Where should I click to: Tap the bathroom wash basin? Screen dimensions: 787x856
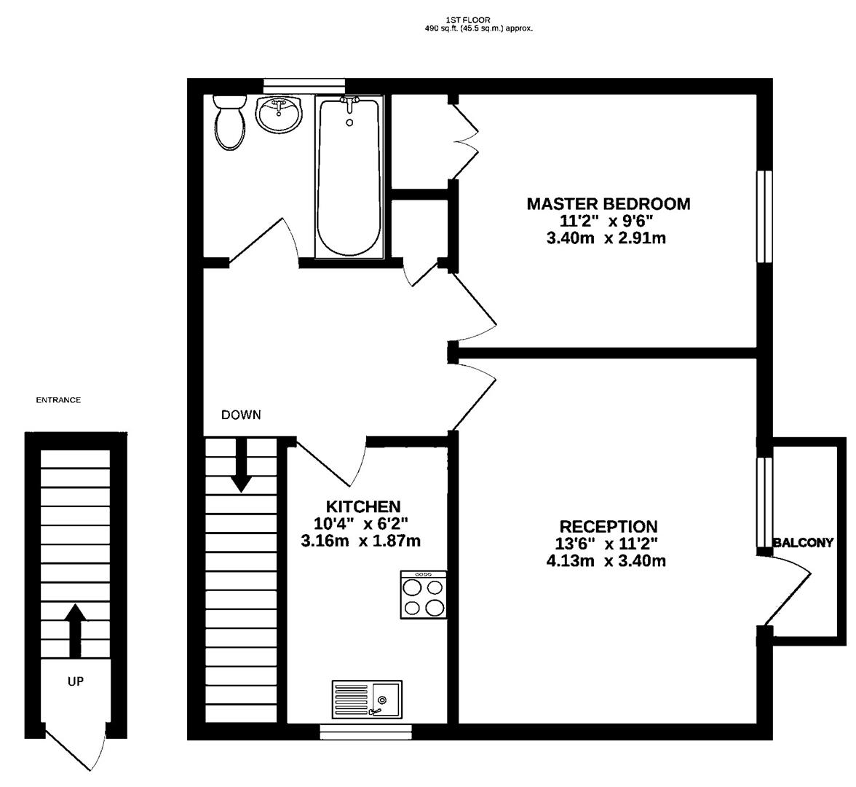pyautogui.click(x=278, y=114)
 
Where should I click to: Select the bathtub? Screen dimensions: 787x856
pyautogui.click(x=349, y=179)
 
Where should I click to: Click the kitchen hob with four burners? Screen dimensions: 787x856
pyautogui.click(x=424, y=595)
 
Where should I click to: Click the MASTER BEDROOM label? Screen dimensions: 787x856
pyautogui.click(x=608, y=204)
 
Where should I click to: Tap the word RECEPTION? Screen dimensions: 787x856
pyautogui.click(x=608, y=526)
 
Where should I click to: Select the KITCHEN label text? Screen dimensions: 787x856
pyautogui.click(x=362, y=506)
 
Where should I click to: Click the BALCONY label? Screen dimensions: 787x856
pyautogui.click(x=803, y=543)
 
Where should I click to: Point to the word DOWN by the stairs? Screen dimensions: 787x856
pyautogui.click(x=241, y=415)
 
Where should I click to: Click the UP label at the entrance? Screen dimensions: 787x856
pyautogui.click(x=76, y=682)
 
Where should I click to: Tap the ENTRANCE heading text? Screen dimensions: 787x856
pyautogui.click(x=58, y=400)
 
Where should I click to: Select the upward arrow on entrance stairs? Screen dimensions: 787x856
pyautogui.click(x=76, y=630)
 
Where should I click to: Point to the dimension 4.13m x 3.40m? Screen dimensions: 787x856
pyautogui.click(x=606, y=561)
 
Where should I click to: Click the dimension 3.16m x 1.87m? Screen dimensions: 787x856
pyautogui.click(x=360, y=541)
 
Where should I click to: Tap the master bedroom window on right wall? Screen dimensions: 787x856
pyautogui.click(x=764, y=216)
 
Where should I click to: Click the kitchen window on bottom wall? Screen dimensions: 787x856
pyautogui.click(x=366, y=732)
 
